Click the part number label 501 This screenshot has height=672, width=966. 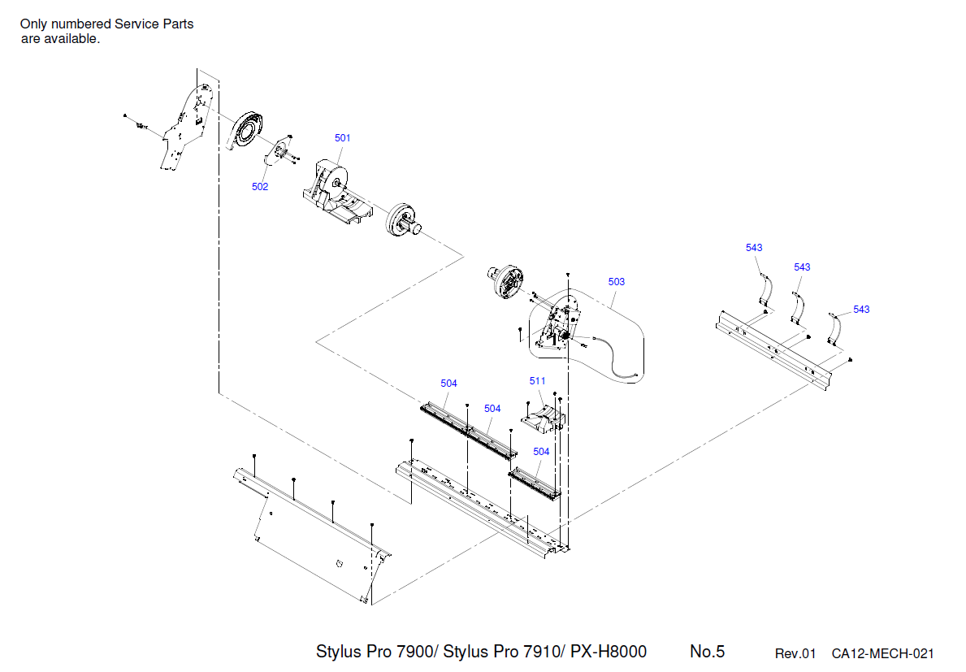(x=343, y=138)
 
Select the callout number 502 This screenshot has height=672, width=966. (x=259, y=187)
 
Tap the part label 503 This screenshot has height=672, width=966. (x=617, y=282)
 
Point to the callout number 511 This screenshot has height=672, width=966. (x=537, y=381)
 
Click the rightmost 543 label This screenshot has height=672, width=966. (x=861, y=310)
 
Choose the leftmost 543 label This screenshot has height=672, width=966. (x=754, y=248)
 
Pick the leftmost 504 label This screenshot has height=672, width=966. (x=448, y=384)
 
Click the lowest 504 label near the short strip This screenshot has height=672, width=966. (x=541, y=452)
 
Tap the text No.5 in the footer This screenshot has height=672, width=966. (x=707, y=652)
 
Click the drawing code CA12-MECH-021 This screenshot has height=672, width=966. (x=882, y=653)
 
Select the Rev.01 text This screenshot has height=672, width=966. (x=795, y=653)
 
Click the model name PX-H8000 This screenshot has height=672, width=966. (x=609, y=652)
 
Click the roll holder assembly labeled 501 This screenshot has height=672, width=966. (x=336, y=189)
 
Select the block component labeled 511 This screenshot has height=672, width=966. (x=543, y=415)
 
